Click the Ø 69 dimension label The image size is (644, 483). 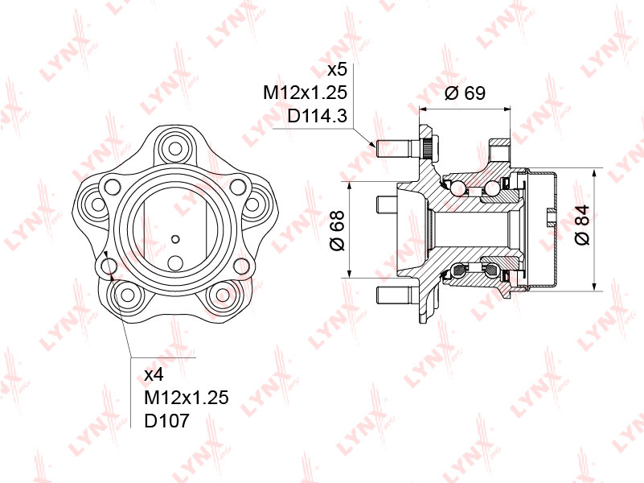tap(465, 93)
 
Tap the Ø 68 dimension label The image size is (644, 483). tap(338, 230)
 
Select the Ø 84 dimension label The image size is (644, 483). tap(582, 225)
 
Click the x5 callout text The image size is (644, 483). tap(337, 69)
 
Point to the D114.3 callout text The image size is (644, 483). tap(317, 116)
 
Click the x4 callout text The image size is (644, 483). tap(154, 374)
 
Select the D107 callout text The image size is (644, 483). tap(166, 420)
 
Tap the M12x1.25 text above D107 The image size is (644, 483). tap(186, 398)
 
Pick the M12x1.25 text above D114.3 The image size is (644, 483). tap(306, 93)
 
